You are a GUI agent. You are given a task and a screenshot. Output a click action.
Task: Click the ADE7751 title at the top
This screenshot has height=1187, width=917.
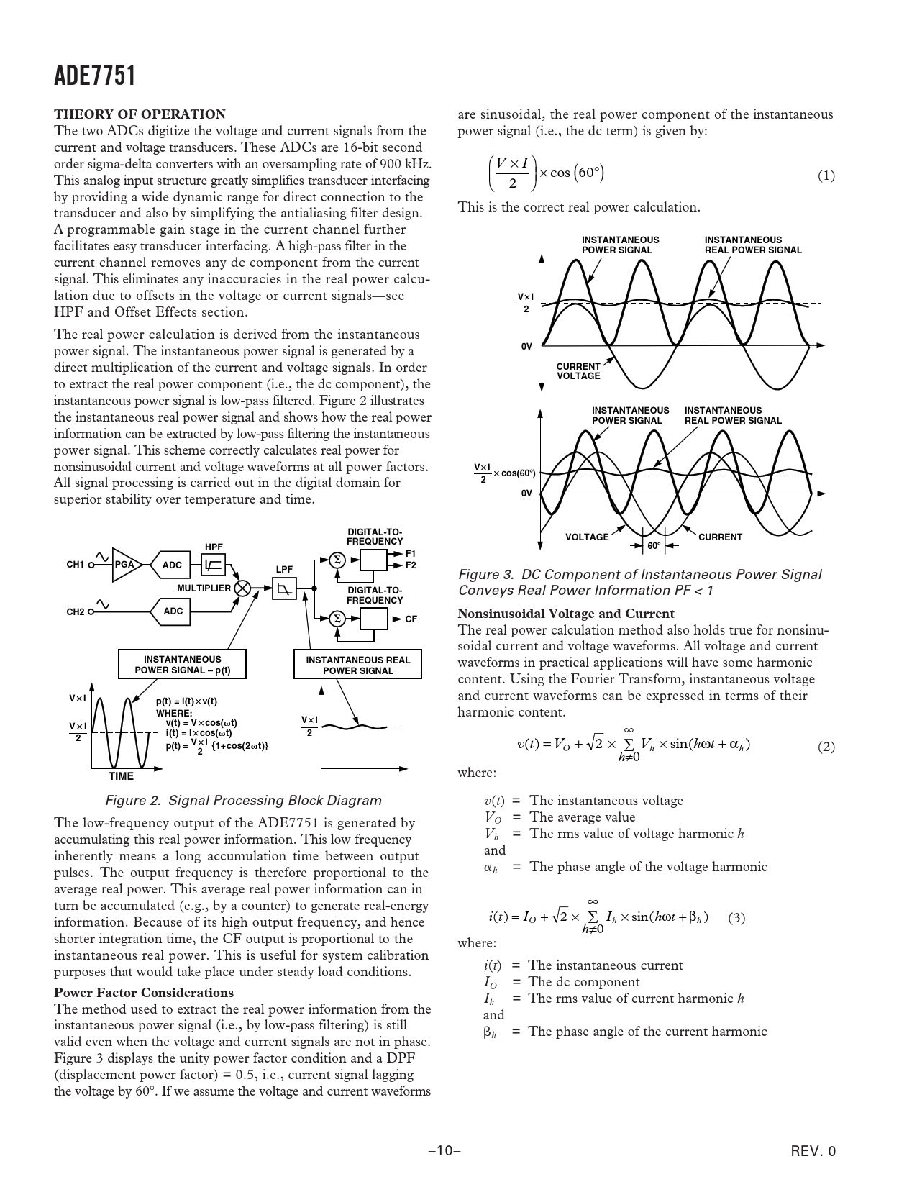point(95,76)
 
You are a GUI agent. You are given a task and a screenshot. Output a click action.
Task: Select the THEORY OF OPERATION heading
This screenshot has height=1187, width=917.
point(140,114)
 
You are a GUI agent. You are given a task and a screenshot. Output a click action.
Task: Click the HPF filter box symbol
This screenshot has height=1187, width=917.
point(214,565)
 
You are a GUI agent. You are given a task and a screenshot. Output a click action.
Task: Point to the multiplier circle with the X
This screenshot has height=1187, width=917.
point(243,588)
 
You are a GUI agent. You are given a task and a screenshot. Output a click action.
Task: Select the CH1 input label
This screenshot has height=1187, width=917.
point(76,565)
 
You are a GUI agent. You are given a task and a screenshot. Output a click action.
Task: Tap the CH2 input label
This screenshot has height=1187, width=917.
point(76,612)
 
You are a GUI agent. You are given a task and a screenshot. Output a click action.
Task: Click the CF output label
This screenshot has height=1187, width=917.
point(411,619)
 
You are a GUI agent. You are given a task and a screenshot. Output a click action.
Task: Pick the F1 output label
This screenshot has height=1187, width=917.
point(411,553)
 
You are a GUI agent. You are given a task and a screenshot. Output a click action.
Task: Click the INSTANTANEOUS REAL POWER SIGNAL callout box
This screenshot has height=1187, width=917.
point(357,665)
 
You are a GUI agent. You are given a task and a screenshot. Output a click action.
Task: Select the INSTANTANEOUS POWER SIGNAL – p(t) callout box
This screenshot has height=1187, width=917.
point(183,665)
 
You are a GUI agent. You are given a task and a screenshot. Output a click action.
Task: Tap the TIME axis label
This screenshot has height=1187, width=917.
point(121,776)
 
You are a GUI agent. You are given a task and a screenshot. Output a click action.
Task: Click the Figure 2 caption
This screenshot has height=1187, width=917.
point(243,801)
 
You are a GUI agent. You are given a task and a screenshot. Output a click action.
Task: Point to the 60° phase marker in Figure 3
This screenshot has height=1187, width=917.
point(653,546)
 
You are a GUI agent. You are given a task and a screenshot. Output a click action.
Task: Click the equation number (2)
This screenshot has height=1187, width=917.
point(826,747)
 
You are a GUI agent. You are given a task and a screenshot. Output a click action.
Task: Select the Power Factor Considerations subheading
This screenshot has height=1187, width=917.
point(144,993)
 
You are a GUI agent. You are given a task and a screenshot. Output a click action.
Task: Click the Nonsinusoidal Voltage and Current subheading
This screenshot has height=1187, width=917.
point(566,614)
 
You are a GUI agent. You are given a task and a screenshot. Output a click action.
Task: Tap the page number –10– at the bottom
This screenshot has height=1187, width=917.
point(444,1151)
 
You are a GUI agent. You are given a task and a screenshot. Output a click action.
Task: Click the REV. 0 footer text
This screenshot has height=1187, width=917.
point(813,1151)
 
